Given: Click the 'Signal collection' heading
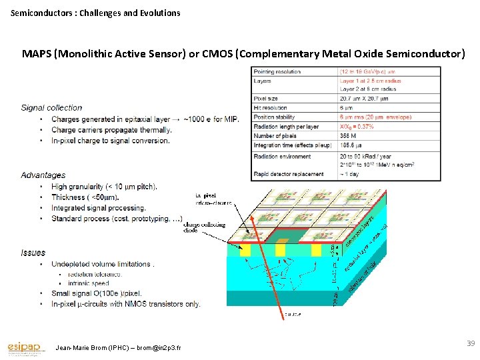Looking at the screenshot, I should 51,107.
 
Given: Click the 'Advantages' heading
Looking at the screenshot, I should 43,175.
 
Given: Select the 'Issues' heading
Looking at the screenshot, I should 33,253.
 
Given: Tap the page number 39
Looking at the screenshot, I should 471,343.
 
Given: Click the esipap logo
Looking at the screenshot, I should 25,347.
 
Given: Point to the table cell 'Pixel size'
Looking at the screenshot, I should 266,99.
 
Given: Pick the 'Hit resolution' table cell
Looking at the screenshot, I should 270,107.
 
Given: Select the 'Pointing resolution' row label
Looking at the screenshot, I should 277,71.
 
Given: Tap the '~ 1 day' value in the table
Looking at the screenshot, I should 351,174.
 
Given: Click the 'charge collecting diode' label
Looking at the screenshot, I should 204,227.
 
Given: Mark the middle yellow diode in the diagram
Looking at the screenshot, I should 280,249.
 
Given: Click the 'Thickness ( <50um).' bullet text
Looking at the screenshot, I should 85,197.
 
